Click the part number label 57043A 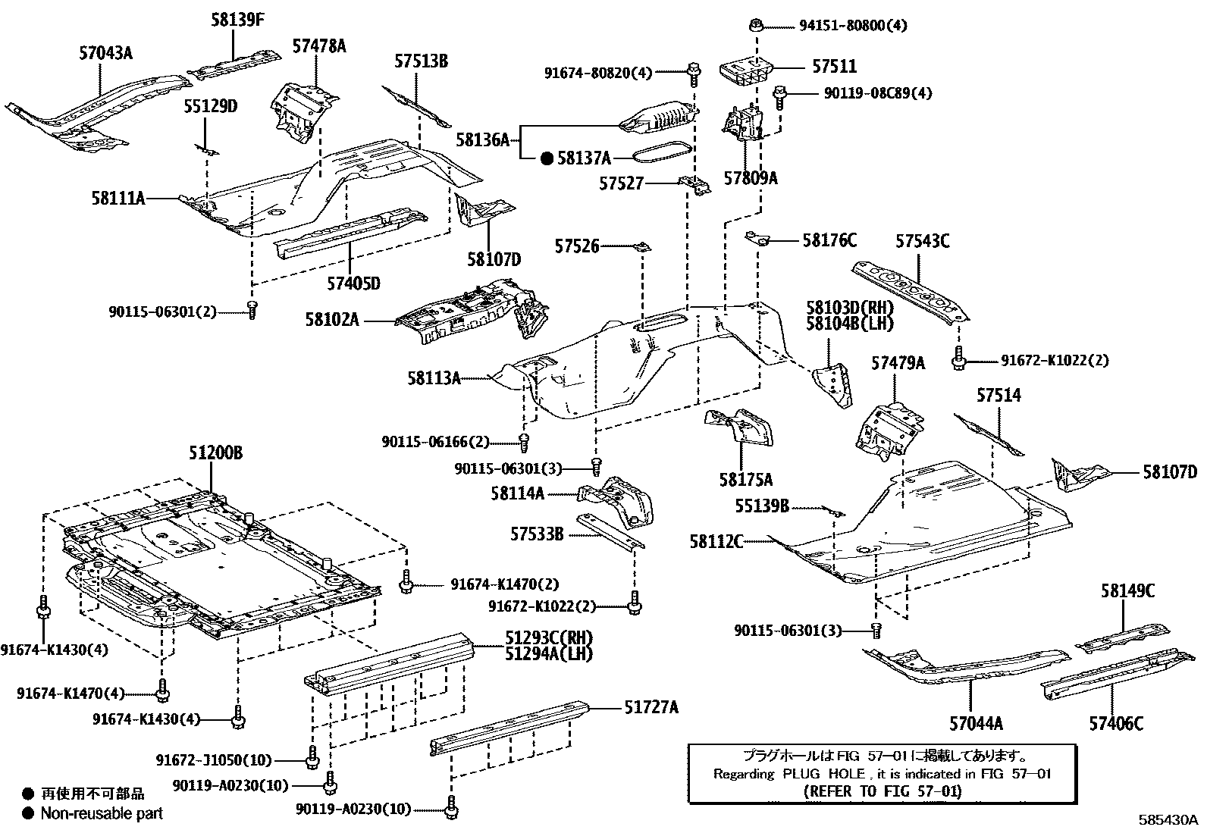(x=105, y=53)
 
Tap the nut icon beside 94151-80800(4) (x=756, y=25)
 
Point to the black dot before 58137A (x=547, y=158)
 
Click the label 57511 (x=834, y=67)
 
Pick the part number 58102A (x=332, y=320)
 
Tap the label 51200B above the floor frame (x=215, y=453)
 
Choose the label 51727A (x=651, y=707)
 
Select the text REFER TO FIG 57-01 (x=881, y=791)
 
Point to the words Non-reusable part (x=102, y=813)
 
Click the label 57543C (x=922, y=242)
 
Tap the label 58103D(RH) (x=849, y=308)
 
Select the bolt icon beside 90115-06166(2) (x=524, y=440)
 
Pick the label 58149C (x=1128, y=591)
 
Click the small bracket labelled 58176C (x=758, y=240)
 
